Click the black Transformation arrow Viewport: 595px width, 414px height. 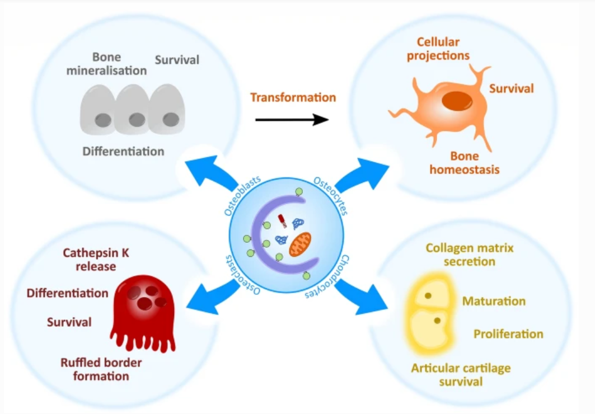click(x=291, y=119)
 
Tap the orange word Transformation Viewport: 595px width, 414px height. click(x=293, y=97)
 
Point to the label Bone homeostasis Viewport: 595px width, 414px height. click(x=464, y=162)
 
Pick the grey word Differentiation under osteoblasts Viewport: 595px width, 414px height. click(x=123, y=152)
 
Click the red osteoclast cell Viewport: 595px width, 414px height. click(x=145, y=309)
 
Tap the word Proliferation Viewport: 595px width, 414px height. click(x=508, y=334)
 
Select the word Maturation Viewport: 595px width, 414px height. click(x=494, y=301)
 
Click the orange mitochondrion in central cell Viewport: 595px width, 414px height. click(x=301, y=244)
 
